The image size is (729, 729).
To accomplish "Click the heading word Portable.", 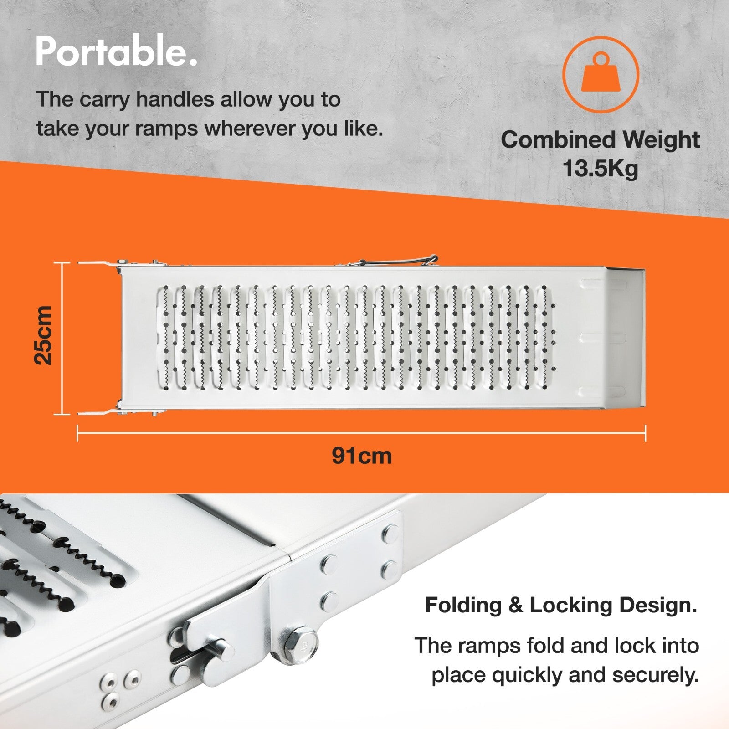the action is point(117,52).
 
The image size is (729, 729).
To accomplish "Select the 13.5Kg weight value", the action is point(600,169).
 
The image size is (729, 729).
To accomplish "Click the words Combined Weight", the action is point(600,139).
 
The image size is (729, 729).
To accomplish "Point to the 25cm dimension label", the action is point(44,335).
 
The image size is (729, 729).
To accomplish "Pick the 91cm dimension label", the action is point(361,456).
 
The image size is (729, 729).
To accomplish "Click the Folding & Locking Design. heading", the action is point(561,606).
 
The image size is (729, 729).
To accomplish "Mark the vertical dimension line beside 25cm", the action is point(62,339).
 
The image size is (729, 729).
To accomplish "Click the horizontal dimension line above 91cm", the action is point(361,433).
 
